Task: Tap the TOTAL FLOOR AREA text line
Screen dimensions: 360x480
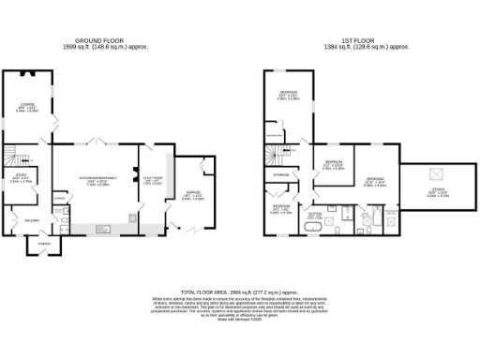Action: click(240, 292)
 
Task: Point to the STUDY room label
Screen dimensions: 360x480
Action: click(21, 175)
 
